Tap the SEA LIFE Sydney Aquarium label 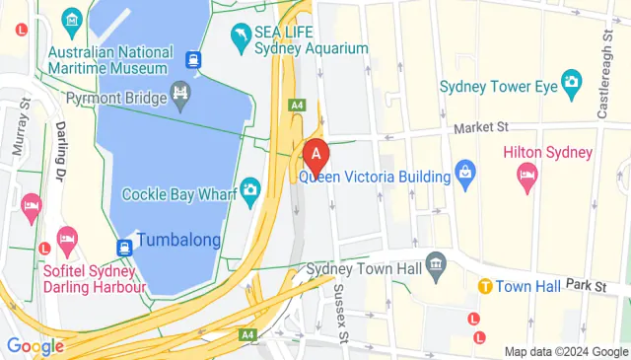pyautogui.click(x=311, y=40)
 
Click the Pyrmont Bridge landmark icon pyautogui.click(x=180, y=95)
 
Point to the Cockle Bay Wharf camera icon pyautogui.click(x=250, y=187)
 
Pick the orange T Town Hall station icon pyautogui.click(x=485, y=286)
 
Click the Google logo pyautogui.click(x=35, y=346)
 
